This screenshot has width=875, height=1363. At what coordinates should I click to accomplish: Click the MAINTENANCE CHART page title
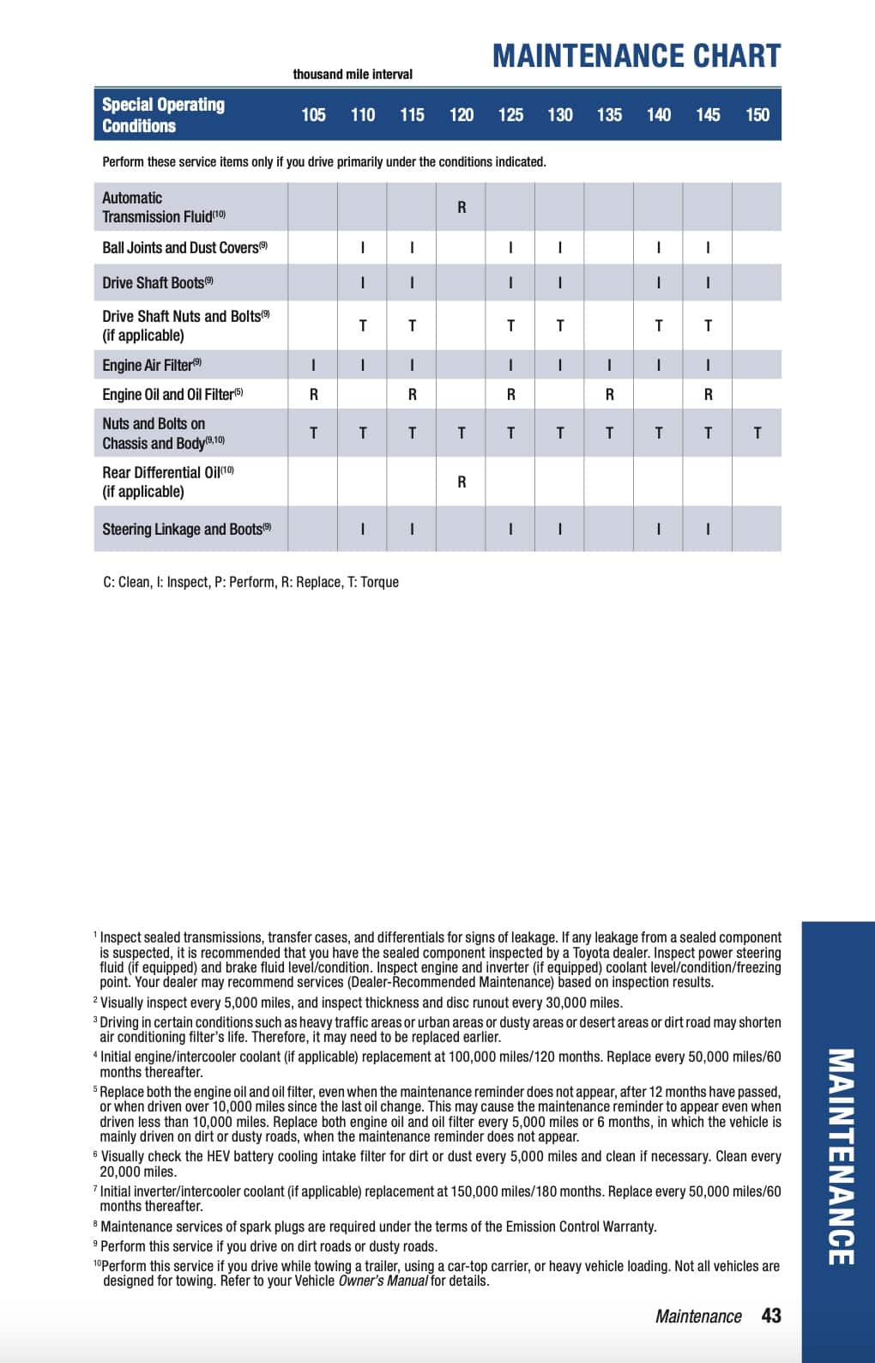(636, 57)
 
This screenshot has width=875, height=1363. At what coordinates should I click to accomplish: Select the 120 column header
(462, 115)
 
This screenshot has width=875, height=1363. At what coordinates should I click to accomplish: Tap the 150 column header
(757, 115)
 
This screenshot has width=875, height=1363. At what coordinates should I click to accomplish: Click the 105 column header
(313, 115)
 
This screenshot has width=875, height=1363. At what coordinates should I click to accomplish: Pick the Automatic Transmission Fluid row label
(163, 207)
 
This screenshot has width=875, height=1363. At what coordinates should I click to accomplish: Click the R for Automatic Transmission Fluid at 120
(462, 207)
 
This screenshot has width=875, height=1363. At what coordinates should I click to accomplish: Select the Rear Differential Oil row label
(167, 482)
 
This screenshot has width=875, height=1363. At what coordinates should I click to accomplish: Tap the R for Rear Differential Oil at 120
(462, 482)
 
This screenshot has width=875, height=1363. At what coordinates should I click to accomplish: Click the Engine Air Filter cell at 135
(609, 365)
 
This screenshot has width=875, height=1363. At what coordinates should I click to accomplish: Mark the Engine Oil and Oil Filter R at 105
(313, 395)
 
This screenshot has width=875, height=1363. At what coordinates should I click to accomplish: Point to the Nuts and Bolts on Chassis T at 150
(757, 433)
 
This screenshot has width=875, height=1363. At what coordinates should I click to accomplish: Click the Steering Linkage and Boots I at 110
(363, 530)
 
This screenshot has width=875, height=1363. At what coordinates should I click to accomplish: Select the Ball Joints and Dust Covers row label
(184, 248)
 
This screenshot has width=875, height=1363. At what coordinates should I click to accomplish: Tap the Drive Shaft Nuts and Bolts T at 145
(708, 326)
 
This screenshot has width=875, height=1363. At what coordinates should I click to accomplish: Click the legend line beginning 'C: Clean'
(250, 582)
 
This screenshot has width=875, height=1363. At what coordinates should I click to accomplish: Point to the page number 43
(771, 1316)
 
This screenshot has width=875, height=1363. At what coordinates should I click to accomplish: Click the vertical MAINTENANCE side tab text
(840, 1156)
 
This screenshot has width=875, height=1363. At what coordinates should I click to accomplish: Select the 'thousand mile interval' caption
(353, 75)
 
